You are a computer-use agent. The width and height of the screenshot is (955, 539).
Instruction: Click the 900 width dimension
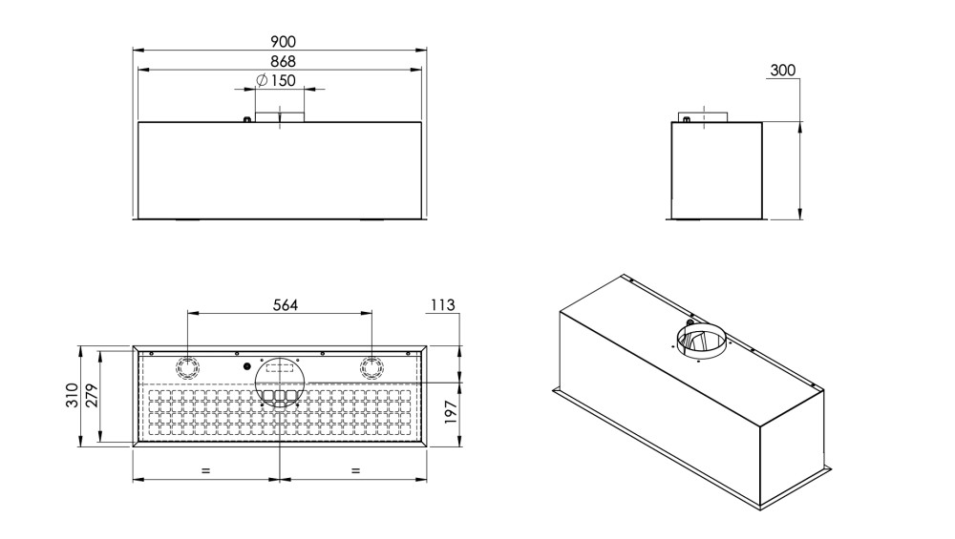[284, 41]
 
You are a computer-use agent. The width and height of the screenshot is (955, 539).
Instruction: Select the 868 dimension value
[284, 61]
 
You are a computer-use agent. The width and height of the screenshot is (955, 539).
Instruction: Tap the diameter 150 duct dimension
[277, 80]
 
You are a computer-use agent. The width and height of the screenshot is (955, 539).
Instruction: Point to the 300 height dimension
[783, 70]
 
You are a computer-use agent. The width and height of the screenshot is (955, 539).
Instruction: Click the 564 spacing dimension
[285, 304]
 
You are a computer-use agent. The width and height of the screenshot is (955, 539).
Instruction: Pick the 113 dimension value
[443, 304]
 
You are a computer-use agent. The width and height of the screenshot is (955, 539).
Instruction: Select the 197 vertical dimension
[451, 412]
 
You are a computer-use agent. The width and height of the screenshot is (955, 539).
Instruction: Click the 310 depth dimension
[72, 396]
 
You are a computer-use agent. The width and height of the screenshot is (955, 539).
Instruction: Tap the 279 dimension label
[91, 396]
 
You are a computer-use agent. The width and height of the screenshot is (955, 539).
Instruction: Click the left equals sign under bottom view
[205, 470]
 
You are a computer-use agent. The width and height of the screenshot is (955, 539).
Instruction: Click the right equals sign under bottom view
[355, 470]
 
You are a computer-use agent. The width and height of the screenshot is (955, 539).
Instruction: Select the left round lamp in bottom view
[187, 367]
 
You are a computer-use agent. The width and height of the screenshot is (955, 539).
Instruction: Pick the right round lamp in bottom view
[371, 367]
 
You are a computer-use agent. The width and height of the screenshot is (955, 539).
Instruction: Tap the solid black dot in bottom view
[246, 366]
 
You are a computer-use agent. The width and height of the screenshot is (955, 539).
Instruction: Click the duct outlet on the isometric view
[701, 342]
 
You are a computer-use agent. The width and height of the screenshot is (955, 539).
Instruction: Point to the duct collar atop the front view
[280, 116]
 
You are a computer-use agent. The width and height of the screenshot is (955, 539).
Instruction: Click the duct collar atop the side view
[704, 116]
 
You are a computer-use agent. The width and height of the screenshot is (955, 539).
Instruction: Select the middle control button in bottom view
[280, 396]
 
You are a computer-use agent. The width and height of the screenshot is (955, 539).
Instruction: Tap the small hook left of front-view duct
[246, 119]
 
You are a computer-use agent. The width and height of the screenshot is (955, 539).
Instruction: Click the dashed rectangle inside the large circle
[280, 367]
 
